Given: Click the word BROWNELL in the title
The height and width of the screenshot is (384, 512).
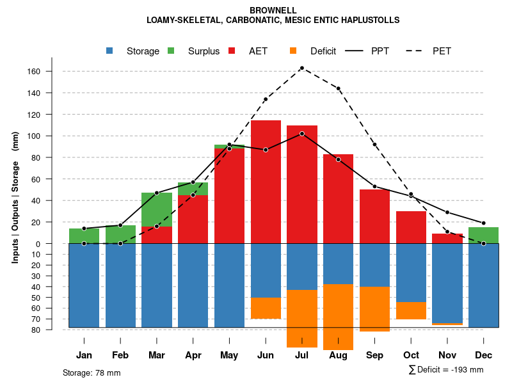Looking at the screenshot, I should [x=273, y=10].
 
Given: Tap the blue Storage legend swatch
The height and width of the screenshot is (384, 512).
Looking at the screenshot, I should [x=109, y=51].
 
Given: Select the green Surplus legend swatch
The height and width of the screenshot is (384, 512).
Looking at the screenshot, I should [x=171, y=51].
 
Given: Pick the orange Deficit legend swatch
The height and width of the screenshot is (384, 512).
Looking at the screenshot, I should [x=293, y=51].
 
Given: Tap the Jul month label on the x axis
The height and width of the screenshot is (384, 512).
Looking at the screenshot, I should [x=302, y=355].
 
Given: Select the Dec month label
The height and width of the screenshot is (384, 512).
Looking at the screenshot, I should [x=484, y=355].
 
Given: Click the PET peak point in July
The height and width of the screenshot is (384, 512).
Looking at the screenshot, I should [x=302, y=68].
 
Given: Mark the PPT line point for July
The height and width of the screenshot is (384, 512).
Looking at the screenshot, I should [x=302, y=133].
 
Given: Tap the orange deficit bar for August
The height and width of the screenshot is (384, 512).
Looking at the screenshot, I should [x=338, y=317].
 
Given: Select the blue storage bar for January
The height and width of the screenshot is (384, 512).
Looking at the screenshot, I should [x=84, y=285].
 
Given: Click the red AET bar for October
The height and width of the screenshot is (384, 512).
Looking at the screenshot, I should [x=411, y=227].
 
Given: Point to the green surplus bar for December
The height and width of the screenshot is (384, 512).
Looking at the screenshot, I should [x=484, y=235].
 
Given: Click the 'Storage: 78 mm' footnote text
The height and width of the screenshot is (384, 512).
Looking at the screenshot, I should [x=92, y=372].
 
